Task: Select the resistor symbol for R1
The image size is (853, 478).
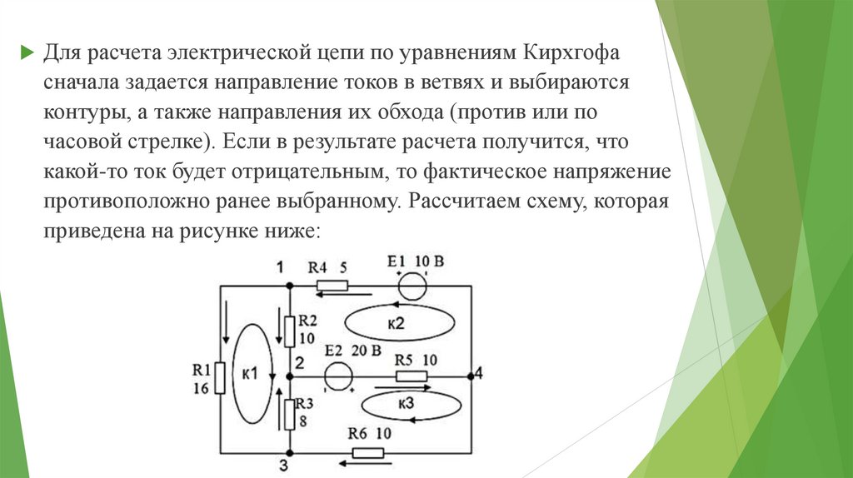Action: (220, 378)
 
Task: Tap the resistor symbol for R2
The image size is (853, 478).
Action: (288, 330)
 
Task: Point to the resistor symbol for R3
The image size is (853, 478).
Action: (288, 413)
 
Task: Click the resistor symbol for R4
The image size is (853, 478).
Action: (331, 286)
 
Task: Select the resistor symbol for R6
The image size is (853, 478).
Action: (368, 452)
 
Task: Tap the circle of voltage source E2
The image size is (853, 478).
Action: (337, 376)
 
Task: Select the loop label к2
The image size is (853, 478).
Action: (401, 322)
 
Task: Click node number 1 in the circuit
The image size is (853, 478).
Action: (280, 266)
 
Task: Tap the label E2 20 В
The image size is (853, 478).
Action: (353, 351)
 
